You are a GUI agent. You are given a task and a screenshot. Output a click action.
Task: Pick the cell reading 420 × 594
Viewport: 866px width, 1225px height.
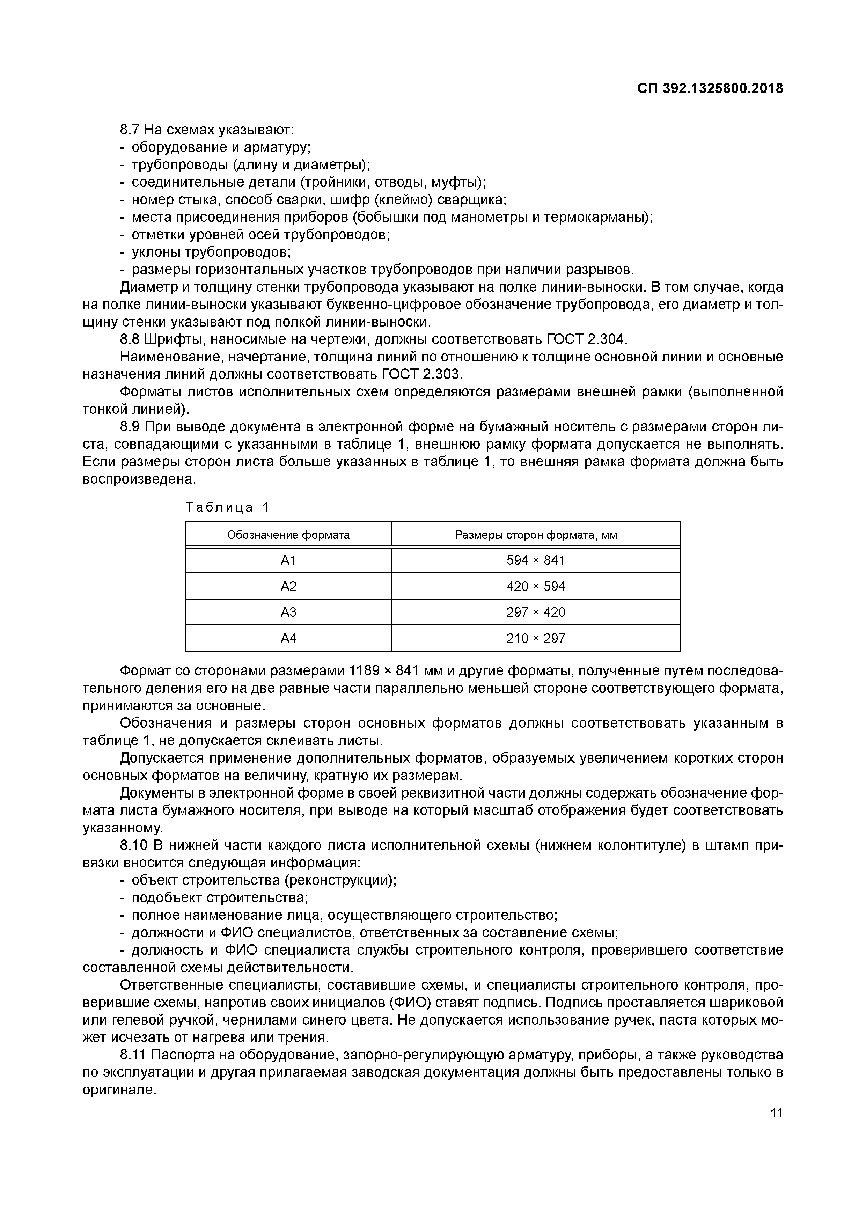[x=535, y=586]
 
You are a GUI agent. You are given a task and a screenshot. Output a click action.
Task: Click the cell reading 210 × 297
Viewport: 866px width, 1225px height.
[x=535, y=638]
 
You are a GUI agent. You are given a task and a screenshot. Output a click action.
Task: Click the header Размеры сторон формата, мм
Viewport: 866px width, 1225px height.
[x=535, y=535]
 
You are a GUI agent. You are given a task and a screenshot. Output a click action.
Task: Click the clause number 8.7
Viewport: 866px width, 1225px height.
[x=130, y=130]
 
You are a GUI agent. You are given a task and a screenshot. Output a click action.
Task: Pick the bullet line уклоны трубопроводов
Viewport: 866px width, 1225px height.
[x=211, y=252]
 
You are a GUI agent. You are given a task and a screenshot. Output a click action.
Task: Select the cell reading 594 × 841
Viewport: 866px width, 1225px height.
[x=535, y=560]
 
